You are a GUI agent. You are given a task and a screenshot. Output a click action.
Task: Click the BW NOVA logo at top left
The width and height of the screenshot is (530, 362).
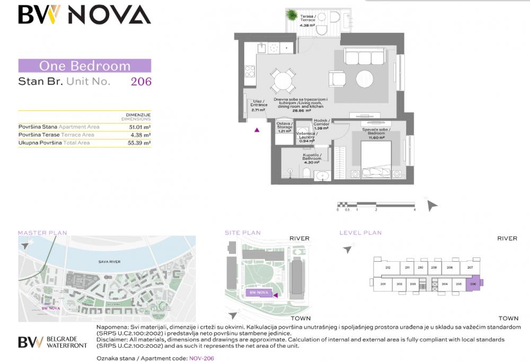[x=84, y=15]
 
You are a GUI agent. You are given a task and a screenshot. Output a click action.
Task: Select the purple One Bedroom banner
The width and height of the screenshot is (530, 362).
[x=85, y=66]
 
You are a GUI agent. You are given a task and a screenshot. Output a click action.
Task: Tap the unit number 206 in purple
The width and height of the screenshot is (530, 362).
[x=141, y=81]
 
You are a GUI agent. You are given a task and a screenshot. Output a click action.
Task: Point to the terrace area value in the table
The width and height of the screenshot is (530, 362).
[x=139, y=135]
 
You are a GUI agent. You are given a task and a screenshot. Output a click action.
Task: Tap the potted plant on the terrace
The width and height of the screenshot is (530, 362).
[x=292, y=16]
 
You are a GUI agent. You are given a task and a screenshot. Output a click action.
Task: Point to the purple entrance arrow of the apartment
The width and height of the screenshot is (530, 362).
[x=257, y=129]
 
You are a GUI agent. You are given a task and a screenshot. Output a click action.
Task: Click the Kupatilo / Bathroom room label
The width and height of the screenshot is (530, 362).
[x=312, y=158]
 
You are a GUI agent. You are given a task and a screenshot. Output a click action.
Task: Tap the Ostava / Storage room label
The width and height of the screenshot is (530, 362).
[x=285, y=127]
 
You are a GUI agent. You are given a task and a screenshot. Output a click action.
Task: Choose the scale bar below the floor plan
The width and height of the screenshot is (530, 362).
[x=376, y=204]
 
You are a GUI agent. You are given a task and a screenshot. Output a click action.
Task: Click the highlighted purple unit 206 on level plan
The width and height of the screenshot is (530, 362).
[x=473, y=284]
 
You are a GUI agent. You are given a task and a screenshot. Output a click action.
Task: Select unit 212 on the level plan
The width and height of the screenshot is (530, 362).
[x=388, y=268]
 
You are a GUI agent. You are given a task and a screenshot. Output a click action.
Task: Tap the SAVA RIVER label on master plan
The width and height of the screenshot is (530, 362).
[x=110, y=262]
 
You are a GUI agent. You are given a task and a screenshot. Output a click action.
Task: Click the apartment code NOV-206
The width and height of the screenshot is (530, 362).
[x=201, y=358]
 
